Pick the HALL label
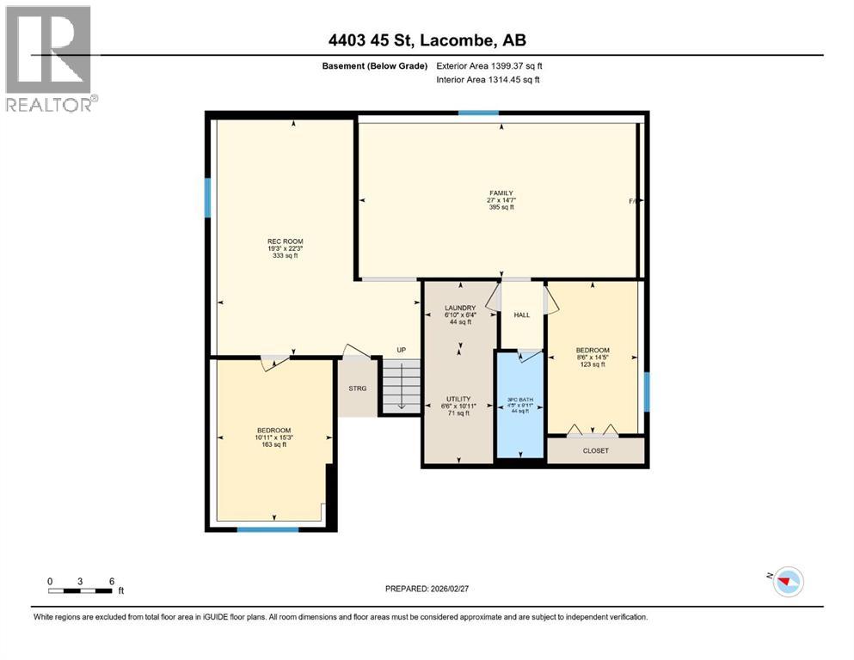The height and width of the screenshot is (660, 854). coord(522,315)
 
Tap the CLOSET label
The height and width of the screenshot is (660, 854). coord(595,450)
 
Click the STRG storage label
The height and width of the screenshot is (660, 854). coord(357,388)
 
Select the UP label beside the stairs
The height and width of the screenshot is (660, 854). coord(401,350)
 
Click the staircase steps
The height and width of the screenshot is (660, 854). coord(401,387)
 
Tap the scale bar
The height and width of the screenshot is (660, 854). coord(81,590)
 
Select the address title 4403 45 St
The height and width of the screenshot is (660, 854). coord(427,40)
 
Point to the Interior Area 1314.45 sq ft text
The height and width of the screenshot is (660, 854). coord(488,80)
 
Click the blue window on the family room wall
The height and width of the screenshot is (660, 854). coord(478,113)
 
